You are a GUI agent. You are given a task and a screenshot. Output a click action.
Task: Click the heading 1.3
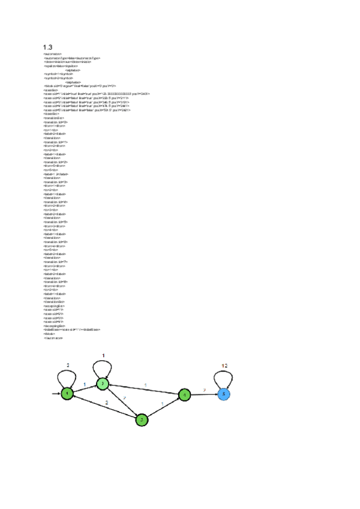(47, 47)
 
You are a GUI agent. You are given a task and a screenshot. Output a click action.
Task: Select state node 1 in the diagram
(68, 394)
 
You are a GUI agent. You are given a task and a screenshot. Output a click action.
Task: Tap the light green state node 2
(103, 384)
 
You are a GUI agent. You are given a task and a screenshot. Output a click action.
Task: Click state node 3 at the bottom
(142, 420)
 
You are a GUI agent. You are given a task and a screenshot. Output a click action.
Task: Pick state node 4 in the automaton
(185, 394)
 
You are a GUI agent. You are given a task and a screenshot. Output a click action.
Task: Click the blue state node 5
(224, 394)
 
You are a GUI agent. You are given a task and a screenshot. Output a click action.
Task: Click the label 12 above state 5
(224, 365)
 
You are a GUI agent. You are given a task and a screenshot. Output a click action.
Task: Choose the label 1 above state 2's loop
(103, 355)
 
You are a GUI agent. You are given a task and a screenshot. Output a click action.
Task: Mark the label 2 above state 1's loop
(68, 365)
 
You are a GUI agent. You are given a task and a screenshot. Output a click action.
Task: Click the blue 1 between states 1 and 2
(84, 384)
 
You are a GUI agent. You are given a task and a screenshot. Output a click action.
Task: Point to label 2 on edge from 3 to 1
(107, 403)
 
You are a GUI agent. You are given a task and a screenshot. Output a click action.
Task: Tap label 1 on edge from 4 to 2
(145, 385)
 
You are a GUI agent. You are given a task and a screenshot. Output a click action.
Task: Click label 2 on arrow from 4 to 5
(205, 390)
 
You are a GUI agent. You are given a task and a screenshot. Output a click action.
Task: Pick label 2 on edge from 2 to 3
(125, 398)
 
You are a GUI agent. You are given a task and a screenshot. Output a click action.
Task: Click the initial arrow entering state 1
(56, 394)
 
